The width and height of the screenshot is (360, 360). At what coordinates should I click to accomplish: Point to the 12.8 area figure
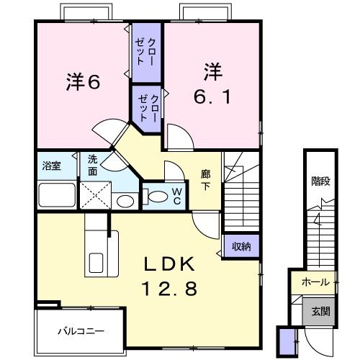(169, 289)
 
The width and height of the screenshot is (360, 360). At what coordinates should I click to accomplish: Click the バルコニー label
(81, 332)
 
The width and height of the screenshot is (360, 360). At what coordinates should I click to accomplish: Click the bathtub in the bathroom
(57, 194)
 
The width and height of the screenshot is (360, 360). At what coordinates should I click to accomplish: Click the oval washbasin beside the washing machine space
(125, 201)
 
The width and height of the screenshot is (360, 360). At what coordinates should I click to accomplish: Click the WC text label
(176, 195)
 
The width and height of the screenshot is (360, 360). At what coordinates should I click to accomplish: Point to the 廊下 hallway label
(205, 179)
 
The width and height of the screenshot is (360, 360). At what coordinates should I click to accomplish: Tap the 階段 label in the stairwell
(320, 180)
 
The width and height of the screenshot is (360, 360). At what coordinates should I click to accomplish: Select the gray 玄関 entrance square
(320, 311)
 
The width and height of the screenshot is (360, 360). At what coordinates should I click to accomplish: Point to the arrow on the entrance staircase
(316, 220)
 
